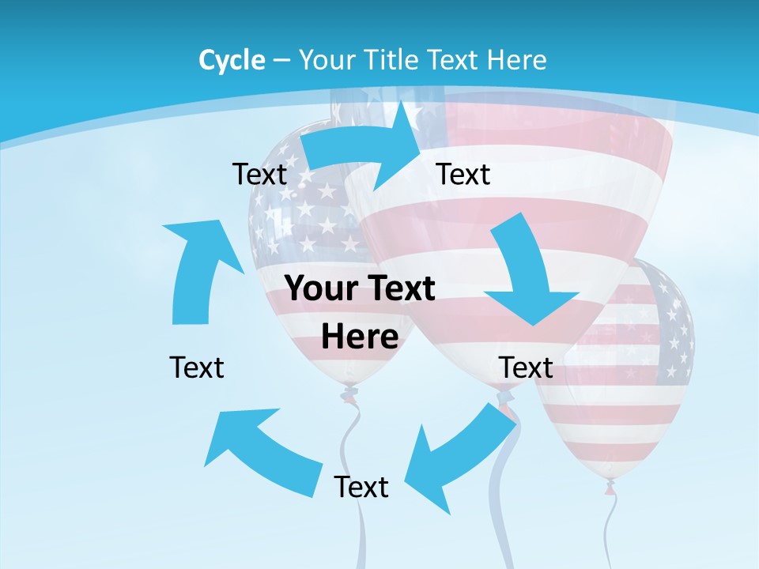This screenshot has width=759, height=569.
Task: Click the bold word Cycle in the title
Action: pyautogui.click(x=232, y=60)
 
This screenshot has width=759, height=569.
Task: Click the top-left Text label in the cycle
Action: pyautogui.click(x=259, y=174)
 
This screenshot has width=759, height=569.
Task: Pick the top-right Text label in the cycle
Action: pyautogui.click(x=463, y=174)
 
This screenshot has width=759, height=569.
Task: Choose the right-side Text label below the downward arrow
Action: pyautogui.click(x=526, y=367)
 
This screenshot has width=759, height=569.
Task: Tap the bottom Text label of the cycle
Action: pyautogui.click(x=361, y=487)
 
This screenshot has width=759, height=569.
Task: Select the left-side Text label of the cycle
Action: pyautogui.click(x=197, y=367)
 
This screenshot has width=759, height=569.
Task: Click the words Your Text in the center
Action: pyautogui.click(x=360, y=288)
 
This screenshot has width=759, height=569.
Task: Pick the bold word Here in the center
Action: pyautogui.click(x=360, y=337)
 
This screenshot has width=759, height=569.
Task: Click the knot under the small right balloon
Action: pyautogui.click(x=610, y=487)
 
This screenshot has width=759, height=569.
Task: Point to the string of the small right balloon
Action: pyautogui.click(x=611, y=529)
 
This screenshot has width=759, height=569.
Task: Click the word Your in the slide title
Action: pyautogui.click(x=326, y=60)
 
